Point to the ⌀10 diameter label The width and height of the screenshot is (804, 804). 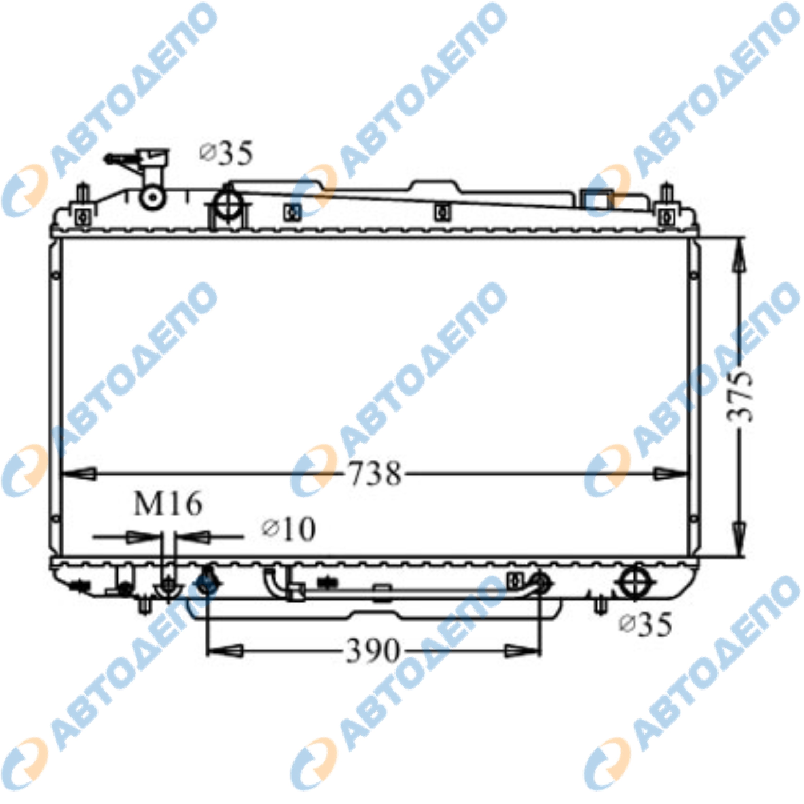(x=288, y=529)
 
